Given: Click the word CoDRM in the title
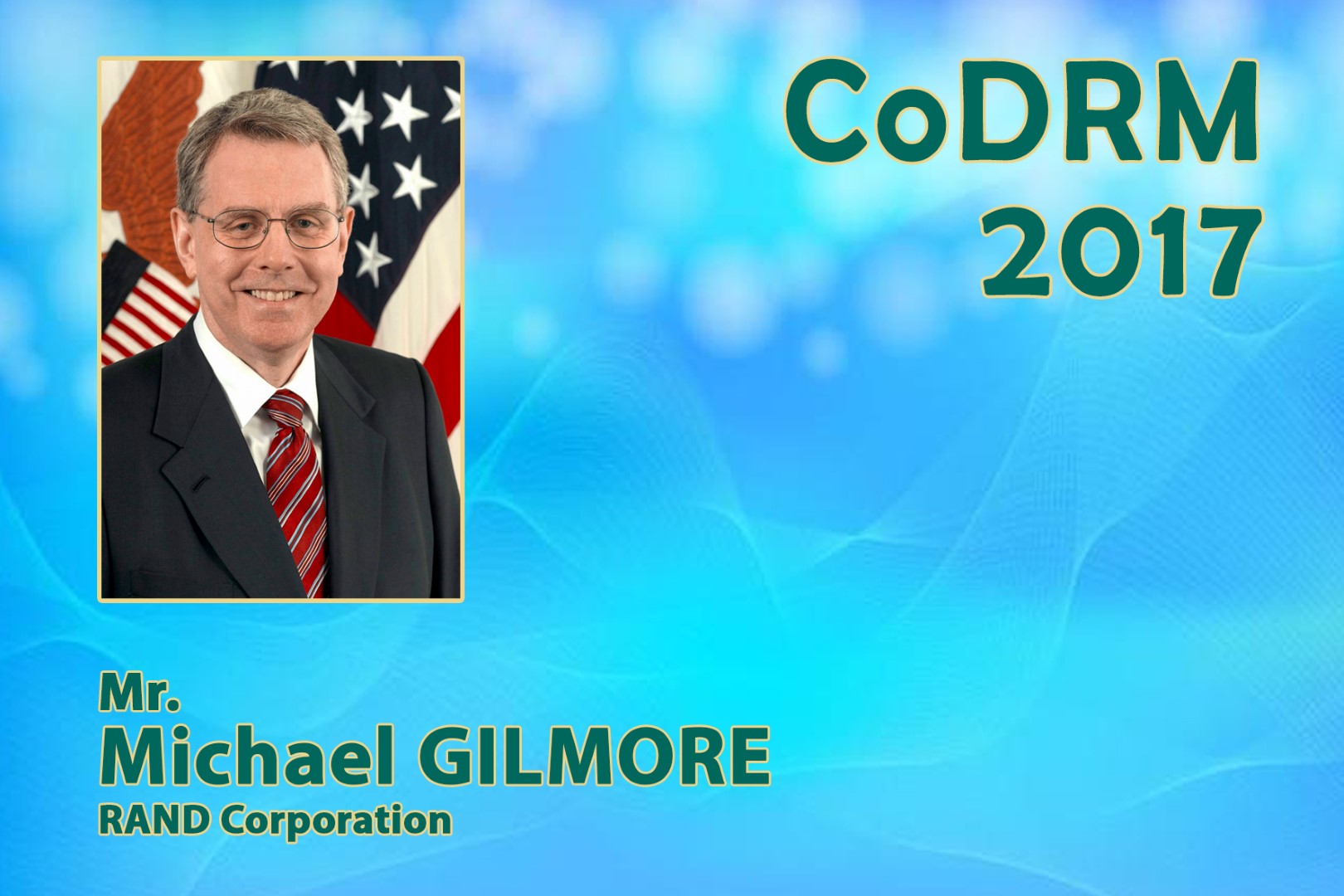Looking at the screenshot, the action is [1022, 112].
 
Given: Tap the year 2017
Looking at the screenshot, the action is [1122, 252].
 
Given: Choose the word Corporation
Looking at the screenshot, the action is [336, 821].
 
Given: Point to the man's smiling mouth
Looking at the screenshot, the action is [273, 294].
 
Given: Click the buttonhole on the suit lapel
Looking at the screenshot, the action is [200, 484].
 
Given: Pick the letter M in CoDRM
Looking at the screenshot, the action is [1207, 112].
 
